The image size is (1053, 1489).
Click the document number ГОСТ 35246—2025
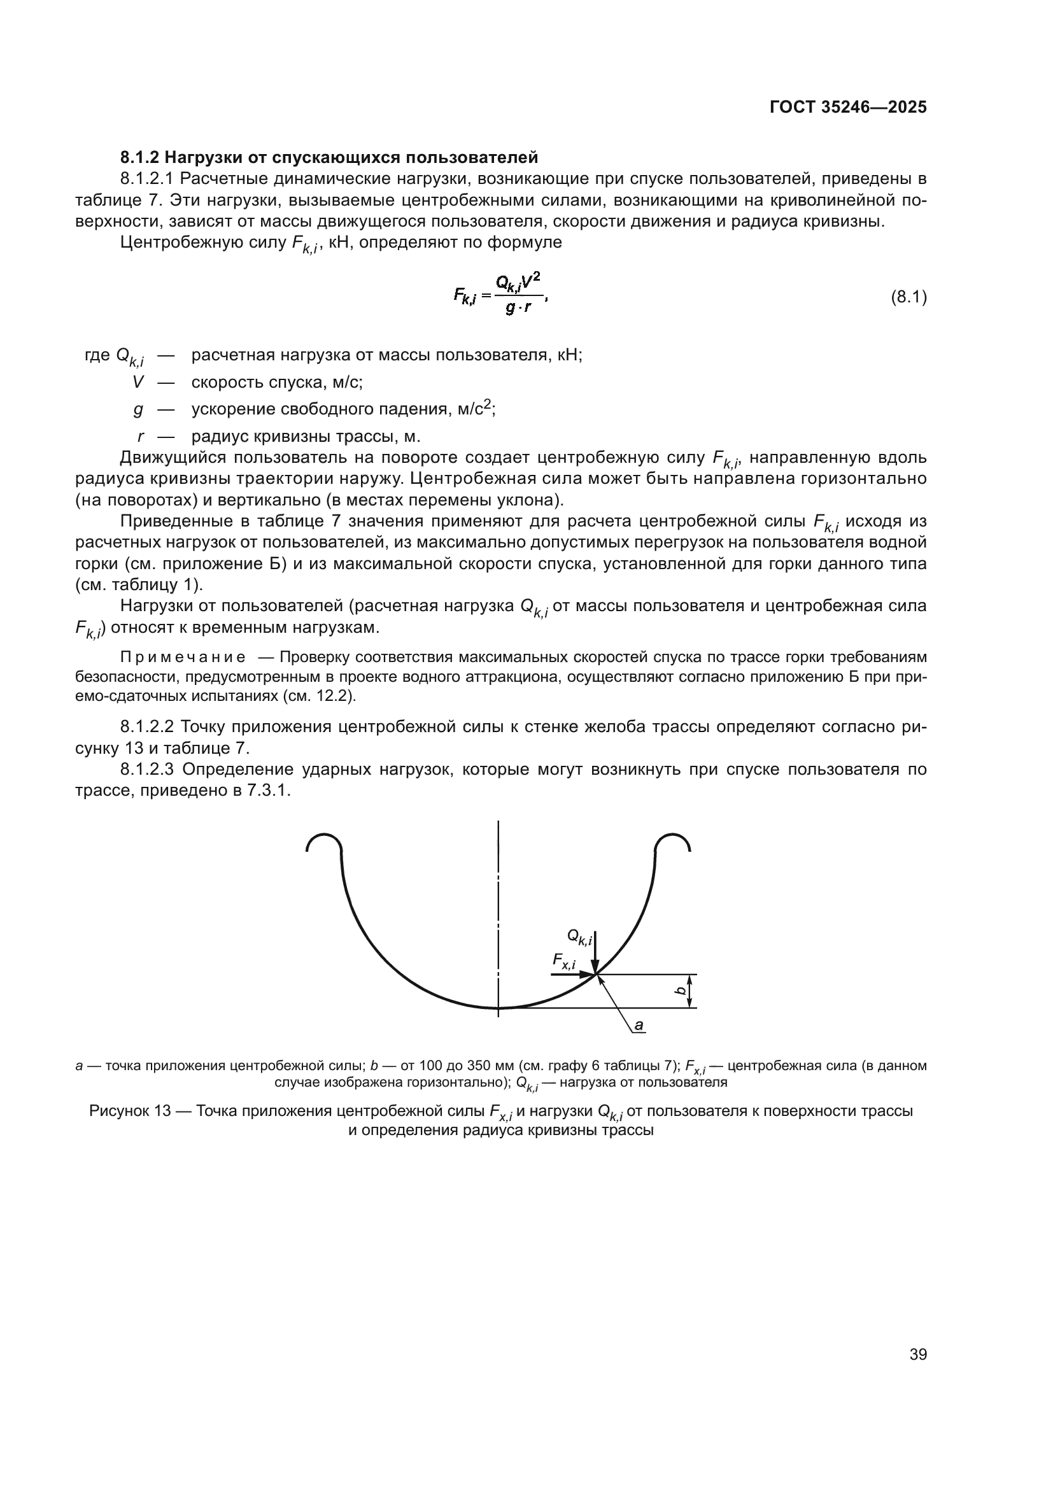(847, 107)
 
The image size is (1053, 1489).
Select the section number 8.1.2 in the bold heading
(139, 157)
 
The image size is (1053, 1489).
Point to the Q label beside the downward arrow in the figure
(579, 936)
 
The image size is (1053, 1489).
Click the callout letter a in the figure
(639, 1025)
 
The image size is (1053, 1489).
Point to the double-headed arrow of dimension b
(691, 991)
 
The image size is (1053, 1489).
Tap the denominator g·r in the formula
(518, 308)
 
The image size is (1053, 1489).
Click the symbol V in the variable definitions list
(138, 382)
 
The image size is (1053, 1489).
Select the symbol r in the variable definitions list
(141, 436)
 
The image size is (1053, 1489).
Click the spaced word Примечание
(183, 658)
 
